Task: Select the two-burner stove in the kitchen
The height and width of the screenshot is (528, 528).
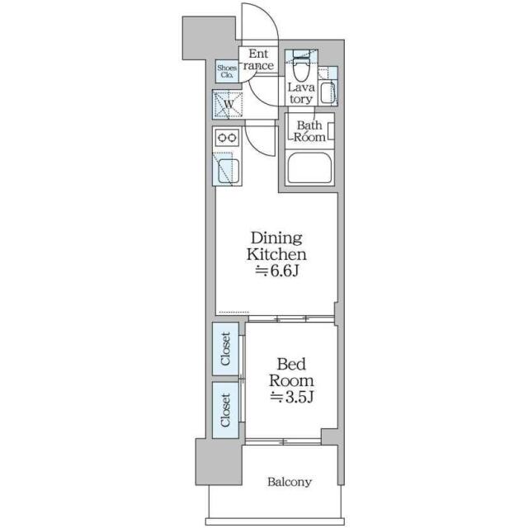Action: (227, 137)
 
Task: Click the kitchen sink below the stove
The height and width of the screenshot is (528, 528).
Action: (227, 171)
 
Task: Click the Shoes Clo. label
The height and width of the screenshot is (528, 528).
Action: (226, 72)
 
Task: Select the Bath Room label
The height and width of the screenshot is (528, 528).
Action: (309, 131)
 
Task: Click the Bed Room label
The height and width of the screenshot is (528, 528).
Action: (294, 372)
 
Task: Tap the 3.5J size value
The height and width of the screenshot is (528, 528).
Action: (294, 398)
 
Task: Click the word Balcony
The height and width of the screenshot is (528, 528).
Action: (289, 482)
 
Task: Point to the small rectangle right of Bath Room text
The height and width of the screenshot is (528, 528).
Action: (331, 130)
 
